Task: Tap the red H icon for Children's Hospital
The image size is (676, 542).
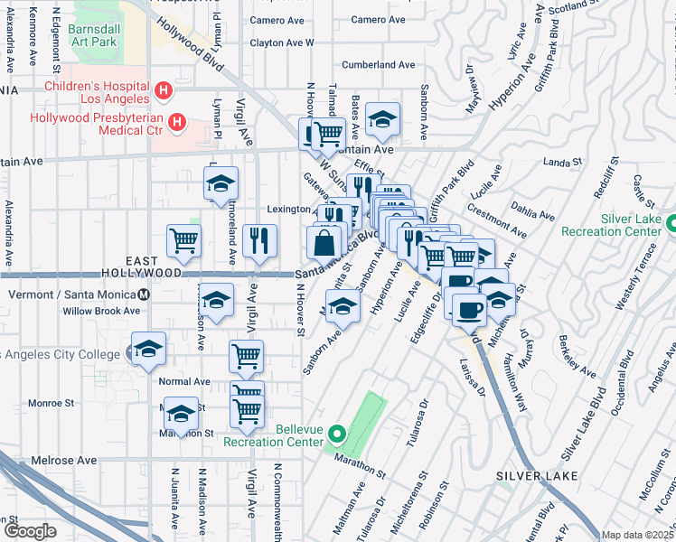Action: (x=163, y=90)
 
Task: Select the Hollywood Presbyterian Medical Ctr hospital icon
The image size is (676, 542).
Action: (x=177, y=121)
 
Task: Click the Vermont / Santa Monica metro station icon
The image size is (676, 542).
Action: (x=143, y=294)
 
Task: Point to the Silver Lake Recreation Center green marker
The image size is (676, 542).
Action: (x=671, y=223)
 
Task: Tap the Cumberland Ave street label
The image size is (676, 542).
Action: (x=378, y=65)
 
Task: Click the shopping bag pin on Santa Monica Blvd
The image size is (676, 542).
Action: (x=324, y=242)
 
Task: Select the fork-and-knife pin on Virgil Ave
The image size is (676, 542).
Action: (x=259, y=239)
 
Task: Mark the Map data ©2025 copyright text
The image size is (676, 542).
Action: (x=637, y=535)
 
